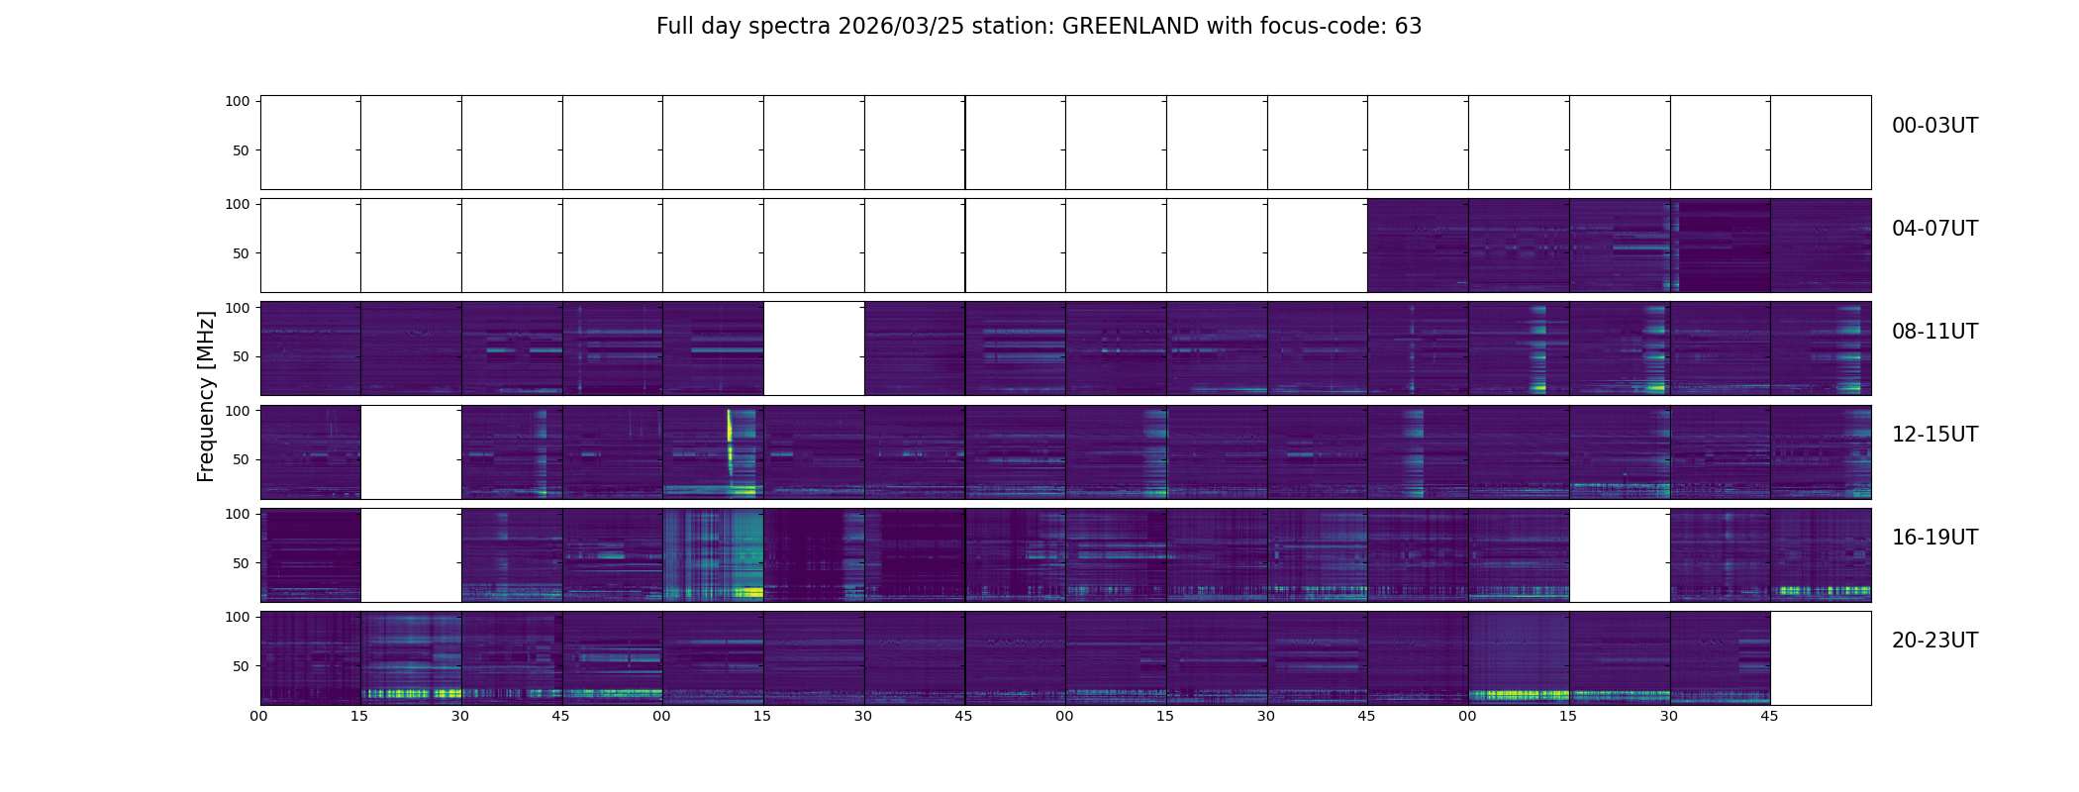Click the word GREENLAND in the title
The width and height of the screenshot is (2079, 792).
[x=1130, y=27]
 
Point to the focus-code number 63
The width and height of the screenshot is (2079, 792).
[x=1408, y=27]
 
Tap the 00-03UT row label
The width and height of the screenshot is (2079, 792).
[x=1934, y=126]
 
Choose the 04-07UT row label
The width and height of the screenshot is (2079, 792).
[x=1934, y=229]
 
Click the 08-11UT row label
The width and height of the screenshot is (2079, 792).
[x=1934, y=332]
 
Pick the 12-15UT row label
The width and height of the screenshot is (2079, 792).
[x=1934, y=435]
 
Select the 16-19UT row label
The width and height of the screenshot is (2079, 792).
[x=1934, y=538]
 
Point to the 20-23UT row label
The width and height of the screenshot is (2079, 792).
[x=1934, y=641]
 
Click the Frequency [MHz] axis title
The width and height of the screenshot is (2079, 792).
[x=206, y=396]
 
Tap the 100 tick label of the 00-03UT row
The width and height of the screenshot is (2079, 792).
[x=238, y=101]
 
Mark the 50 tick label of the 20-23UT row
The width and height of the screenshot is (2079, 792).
[x=242, y=666]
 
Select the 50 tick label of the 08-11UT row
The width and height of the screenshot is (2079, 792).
[x=242, y=356]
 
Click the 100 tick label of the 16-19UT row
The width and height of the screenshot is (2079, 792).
[x=238, y=514]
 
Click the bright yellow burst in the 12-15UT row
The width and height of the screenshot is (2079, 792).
[x=730, y=428]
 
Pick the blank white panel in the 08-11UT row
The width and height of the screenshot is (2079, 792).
[x=814, y=348]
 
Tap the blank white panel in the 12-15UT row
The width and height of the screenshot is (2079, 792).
[x=411, y=451]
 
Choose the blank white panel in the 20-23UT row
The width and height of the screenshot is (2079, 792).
[x=1820, y=657]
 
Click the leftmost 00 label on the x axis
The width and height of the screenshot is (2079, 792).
[x=259, y=716]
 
